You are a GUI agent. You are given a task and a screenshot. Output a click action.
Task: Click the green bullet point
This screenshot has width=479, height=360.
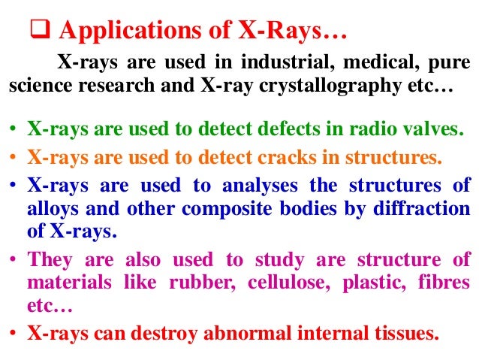click(15, 129)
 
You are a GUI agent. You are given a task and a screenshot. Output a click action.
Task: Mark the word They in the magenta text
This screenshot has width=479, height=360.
click(50, 261)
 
